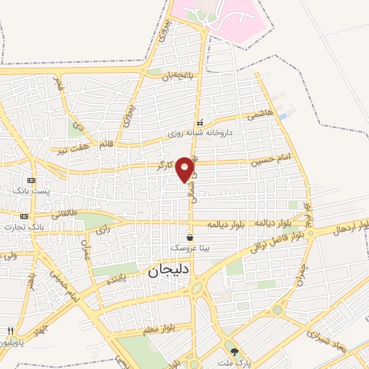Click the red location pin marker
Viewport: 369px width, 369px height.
click(184, 169)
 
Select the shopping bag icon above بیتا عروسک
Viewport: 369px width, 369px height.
click(190, 236)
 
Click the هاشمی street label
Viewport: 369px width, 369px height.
click(259, 115)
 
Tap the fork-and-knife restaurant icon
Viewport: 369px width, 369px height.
click(9, 331)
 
